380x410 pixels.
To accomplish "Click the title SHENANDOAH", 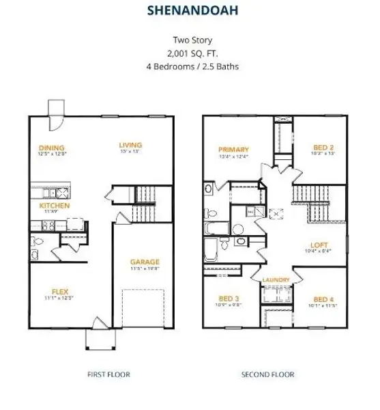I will [190, 11].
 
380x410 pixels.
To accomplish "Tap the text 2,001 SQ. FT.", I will [190, 53].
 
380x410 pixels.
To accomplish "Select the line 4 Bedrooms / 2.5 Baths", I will [190, 66].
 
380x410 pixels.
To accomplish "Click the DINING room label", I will [52, 148].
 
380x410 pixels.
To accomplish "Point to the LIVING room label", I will [130, 145].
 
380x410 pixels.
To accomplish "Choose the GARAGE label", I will [145, 262].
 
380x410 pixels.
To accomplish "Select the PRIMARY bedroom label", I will [234, 149].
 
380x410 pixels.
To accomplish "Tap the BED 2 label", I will [323, 148].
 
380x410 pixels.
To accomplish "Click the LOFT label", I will [318, 244].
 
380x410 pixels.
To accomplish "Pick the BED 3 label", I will [229, 299].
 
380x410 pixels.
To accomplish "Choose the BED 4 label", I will [323, 299].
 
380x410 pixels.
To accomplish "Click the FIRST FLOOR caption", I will [108, 374].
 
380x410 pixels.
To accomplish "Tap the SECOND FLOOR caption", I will [268, 374].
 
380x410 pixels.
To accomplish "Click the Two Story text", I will [190, 40].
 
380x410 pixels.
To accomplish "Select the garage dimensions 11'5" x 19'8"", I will [145, 269].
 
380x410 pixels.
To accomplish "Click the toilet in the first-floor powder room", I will [38, 241].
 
